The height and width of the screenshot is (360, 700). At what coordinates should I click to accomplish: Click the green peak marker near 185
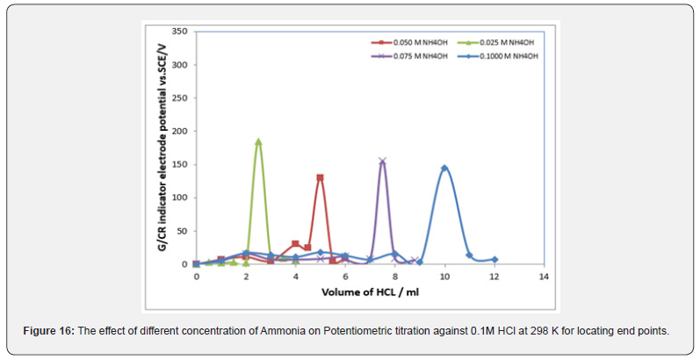coord(258,141)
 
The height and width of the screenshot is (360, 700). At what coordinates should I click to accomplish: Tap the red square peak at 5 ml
coord(320,177)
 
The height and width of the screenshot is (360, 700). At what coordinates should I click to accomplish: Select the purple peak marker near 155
coord(382,162)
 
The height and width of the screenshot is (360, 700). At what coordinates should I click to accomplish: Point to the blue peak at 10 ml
coord(444,168)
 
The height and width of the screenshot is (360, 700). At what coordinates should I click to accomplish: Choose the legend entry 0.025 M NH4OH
coord(504,42)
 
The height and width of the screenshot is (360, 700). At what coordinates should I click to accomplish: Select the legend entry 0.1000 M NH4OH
coord(507,55)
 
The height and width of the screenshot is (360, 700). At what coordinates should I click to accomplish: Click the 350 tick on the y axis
coord(180,31)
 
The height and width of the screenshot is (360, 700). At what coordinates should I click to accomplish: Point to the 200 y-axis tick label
coord(180,131)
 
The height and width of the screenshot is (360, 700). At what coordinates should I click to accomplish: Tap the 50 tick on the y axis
coord(182,231)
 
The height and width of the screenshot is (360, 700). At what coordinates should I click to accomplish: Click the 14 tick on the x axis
coord(544,276)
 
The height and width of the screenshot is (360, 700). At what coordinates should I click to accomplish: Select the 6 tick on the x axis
coord(345,276)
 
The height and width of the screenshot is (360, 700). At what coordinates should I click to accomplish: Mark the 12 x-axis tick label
coord(494,276)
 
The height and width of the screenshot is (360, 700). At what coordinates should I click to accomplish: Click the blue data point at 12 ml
coord(494,260)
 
